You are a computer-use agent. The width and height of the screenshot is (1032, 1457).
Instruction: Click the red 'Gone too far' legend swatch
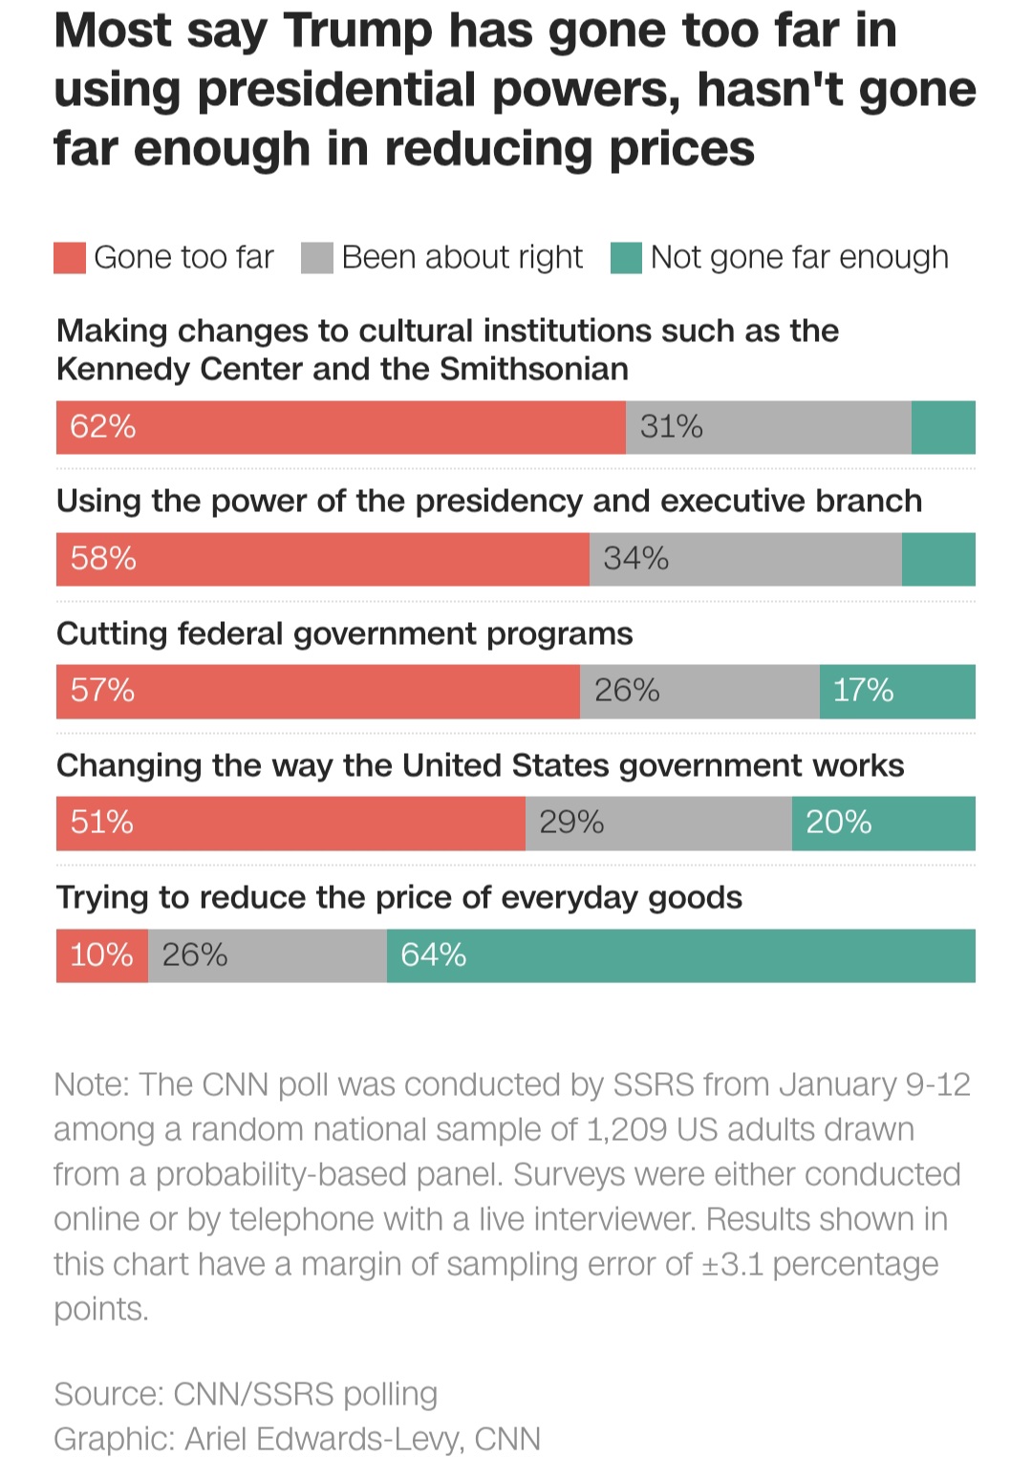tap(70, 258)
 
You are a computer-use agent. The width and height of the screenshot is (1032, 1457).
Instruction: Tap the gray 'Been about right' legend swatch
tap(316, 258)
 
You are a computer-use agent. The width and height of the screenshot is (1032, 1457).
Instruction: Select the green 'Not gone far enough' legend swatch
tap(626, 258)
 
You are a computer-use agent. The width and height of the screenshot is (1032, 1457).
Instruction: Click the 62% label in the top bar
tap(102, 426)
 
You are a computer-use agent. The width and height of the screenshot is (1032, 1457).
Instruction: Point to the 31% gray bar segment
tap(768, 427)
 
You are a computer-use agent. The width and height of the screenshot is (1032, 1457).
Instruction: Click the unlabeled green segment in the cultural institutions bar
tap(943, 427)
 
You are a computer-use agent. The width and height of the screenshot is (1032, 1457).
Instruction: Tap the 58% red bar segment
tap(322, 559)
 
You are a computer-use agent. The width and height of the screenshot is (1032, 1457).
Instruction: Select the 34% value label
tap(635, 559)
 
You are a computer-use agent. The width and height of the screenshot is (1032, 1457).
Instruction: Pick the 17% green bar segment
tap(897, 691)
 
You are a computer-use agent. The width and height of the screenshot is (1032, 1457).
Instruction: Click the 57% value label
tap(102, 690)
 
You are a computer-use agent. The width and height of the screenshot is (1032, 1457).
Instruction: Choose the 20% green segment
tap(883, 823)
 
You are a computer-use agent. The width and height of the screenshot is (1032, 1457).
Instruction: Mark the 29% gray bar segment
tap(658, 823)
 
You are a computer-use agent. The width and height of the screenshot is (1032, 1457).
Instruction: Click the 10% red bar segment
tap(102, 955)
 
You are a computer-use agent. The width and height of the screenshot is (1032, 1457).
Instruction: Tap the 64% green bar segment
tap(680, 955)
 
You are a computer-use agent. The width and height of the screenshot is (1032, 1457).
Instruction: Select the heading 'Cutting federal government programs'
tap(344, 633)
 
